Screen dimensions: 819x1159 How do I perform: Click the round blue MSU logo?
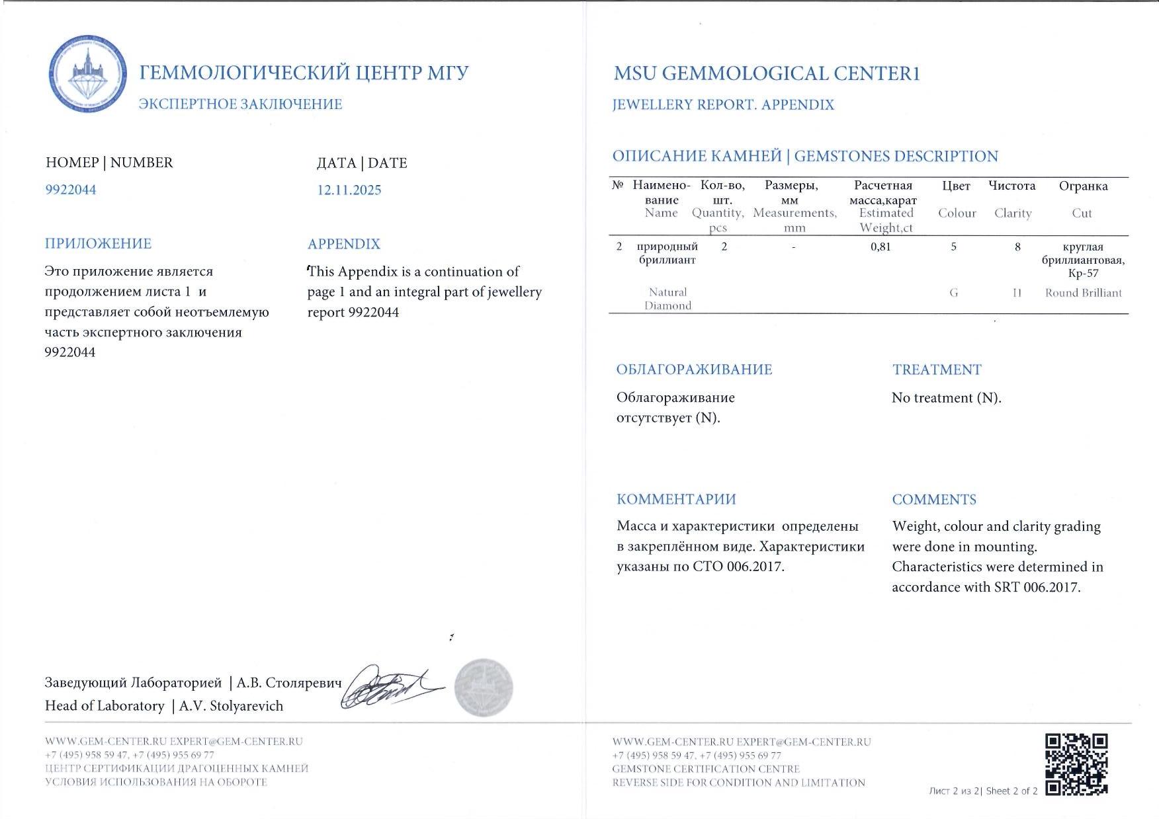(88, 74)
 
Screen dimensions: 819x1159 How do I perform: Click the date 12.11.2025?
(349, 190)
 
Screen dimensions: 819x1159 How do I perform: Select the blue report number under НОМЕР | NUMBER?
(71, 190)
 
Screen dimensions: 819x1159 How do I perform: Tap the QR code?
(1076, 763)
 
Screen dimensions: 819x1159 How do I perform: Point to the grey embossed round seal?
(484, 687)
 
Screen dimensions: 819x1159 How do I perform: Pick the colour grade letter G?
(953, 293)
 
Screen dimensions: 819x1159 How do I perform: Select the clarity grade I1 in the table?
(1017, 293)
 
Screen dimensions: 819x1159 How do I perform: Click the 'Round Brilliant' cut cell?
(1083, 293)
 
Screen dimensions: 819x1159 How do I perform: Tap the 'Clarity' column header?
(1012, 213)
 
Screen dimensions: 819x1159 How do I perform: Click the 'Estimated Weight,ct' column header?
(886, 220)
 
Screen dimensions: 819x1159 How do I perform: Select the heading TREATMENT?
(937, 370)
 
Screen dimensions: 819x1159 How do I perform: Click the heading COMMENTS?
(934, 500)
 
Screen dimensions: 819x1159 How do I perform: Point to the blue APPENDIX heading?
(344, 244)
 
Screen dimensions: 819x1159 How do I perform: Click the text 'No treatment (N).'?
(946, 398)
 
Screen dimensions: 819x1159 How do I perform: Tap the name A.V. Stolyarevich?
(231, 706)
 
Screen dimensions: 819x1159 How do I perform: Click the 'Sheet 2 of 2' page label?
(1011, 791)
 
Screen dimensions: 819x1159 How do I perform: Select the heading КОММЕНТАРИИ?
(676, 500)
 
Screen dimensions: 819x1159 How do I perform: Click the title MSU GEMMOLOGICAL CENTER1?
(767, 73)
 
